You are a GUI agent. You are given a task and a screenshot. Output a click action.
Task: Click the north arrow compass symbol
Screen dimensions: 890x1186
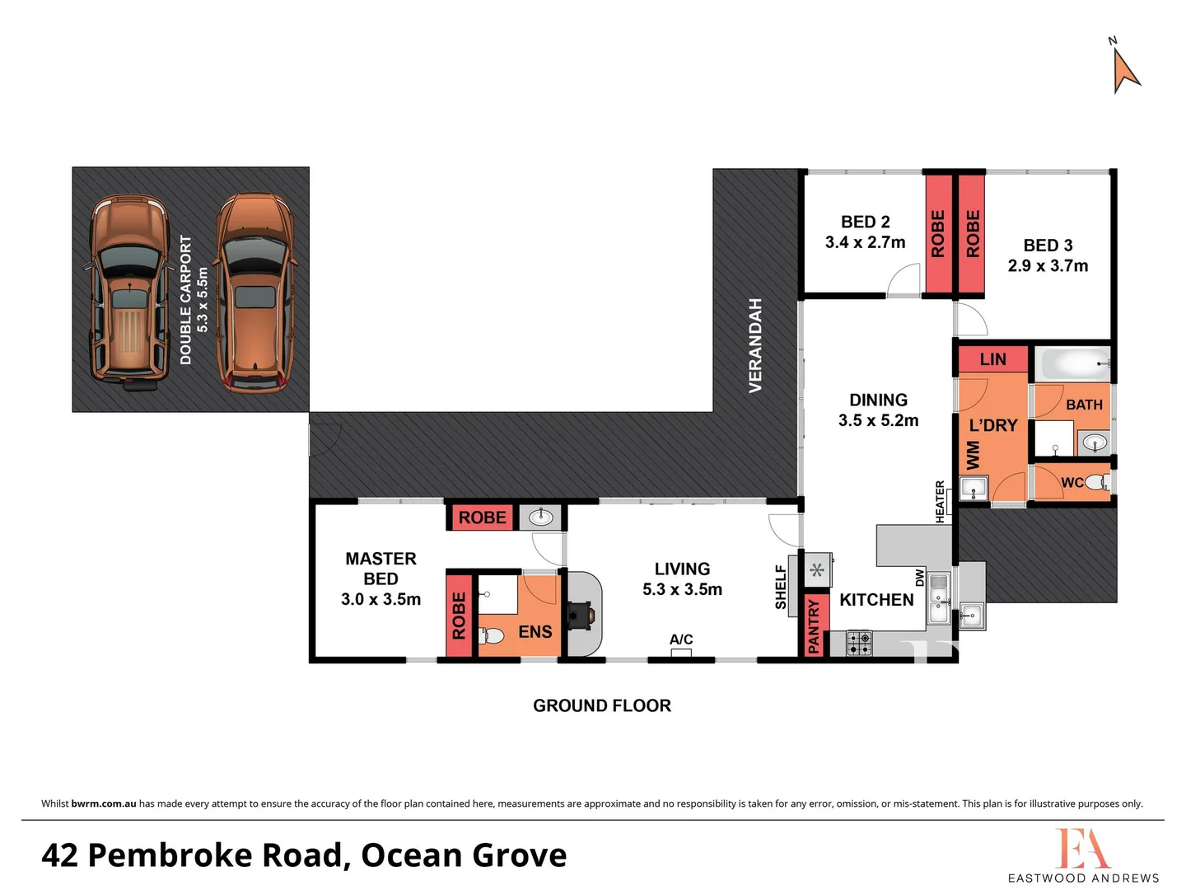[x=1125, y=69]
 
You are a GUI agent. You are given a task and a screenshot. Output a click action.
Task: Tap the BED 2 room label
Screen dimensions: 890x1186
[x=865, y=222]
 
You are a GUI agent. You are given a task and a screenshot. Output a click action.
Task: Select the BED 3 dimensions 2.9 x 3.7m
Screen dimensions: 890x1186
[x=1048, y=266]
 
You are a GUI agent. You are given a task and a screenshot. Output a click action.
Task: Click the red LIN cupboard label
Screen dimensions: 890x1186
[x=992, y=359]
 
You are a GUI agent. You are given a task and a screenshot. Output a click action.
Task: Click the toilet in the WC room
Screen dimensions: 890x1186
[x=1096, y=482]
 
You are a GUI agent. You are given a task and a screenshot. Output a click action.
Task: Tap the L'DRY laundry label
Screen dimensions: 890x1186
[x=992, y=426]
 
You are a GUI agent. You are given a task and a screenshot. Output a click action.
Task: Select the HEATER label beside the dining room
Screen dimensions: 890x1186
[x=940, y=501]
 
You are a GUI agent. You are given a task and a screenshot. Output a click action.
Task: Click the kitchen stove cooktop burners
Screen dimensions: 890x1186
[x=859, y=643]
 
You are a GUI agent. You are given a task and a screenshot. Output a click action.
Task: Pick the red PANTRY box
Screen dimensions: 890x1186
[x=815, y=625]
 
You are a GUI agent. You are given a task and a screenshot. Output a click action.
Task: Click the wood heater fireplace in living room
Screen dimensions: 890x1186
[x=581, y=615]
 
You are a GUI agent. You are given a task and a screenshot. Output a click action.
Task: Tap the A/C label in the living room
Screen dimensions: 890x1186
[x=681, y=639]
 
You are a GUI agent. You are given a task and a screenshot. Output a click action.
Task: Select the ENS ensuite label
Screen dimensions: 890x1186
[x=535, y=632]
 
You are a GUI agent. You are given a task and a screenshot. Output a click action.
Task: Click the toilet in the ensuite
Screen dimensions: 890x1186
[x=492, y=635]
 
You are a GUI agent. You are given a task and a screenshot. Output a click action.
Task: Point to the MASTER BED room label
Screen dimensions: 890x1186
[x=381, y=569]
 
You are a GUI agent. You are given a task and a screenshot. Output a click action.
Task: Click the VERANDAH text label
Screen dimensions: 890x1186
[x=755, y=345]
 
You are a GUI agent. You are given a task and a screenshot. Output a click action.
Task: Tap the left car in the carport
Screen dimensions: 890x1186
[x=128, y=293]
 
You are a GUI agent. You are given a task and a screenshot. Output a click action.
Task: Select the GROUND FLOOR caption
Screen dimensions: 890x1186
[x=601, y=705]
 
